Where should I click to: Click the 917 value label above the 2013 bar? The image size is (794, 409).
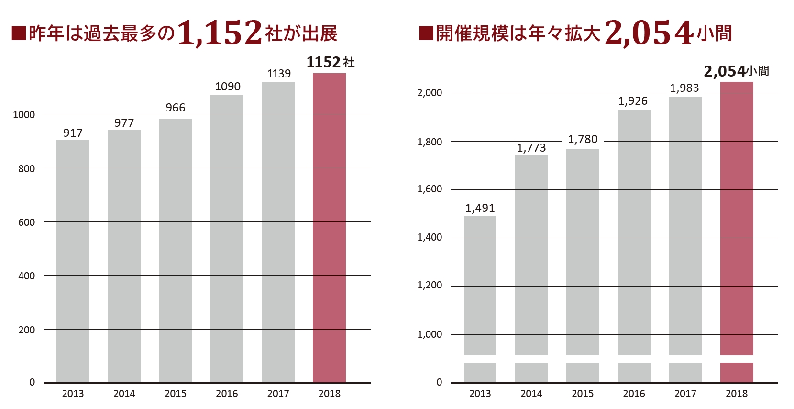(x=73, y=133)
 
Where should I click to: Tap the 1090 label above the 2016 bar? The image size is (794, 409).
(x=227, y=87)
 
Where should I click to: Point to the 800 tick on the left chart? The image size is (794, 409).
(x=26, y=168)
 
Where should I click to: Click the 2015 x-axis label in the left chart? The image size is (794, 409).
(x=175, y=394)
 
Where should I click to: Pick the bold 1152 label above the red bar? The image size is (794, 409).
(x=323, y=62)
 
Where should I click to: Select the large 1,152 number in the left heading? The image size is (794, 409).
(x=220, y=33)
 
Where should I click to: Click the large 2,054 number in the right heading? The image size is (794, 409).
(x=649, y=33)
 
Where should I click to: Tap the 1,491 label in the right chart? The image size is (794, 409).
(x=480, y=208)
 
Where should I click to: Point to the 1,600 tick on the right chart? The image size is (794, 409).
(x=430, y=189)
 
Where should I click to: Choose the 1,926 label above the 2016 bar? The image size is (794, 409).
(x=632, y=101)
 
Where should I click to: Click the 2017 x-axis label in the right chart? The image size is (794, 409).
(x=685, y=394)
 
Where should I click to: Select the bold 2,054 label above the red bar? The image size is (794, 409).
(x=725, y=72)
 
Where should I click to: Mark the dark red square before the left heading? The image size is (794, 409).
(x=19, y=33)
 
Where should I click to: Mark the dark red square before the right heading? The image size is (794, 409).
(x=426, y=33)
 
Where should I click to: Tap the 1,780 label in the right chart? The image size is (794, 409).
(x=583, y=139)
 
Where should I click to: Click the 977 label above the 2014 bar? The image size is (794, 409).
(x=124, y=123)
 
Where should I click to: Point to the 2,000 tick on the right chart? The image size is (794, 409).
(x=430, y=93)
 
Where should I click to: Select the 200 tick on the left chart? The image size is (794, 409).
(x=26, y=330)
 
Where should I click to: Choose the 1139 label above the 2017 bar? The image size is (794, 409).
(x=278, y=74)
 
